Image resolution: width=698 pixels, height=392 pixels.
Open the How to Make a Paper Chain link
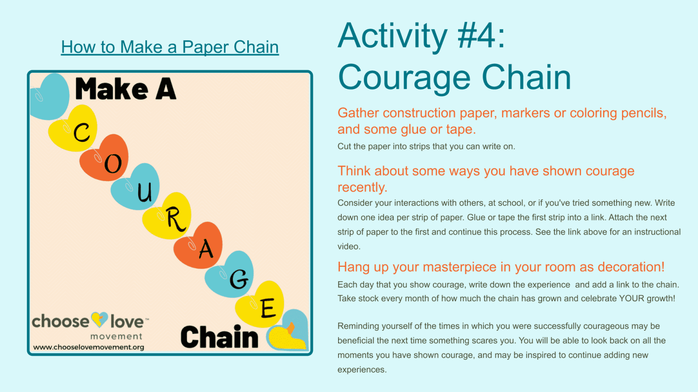[x=170, y=47]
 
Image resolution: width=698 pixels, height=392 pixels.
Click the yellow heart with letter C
[x=75, y=129]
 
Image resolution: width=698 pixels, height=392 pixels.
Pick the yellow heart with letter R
[x=169, y=216]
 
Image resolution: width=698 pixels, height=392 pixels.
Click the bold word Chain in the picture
[x=219, y=337]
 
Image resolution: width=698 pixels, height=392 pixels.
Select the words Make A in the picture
[x=125, y=89]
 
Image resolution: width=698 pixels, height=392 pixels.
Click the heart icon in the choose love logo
[x=100, y=319]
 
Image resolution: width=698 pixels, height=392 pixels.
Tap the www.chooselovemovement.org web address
[x=89, y=347]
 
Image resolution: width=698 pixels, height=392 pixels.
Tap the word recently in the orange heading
[x=361, y=187]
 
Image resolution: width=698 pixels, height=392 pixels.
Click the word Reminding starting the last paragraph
[x=359, y=326]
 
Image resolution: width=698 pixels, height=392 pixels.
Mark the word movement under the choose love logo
[x=116, y=336]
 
